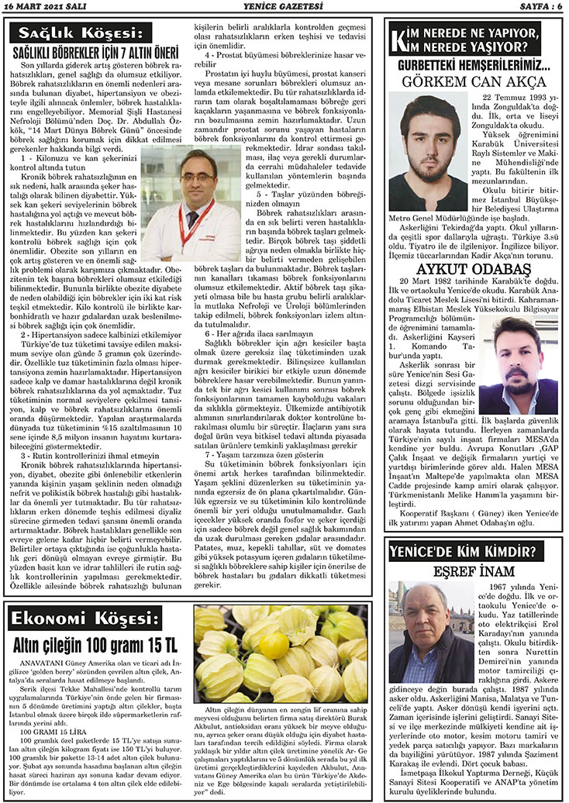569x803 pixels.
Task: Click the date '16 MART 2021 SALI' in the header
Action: click(47, 7)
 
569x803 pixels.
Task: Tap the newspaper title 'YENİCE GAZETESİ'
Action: click(284, 7)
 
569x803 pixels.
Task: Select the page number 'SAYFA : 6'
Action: click(535, 7)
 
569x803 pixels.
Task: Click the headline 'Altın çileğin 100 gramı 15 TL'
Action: click(95, 644)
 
